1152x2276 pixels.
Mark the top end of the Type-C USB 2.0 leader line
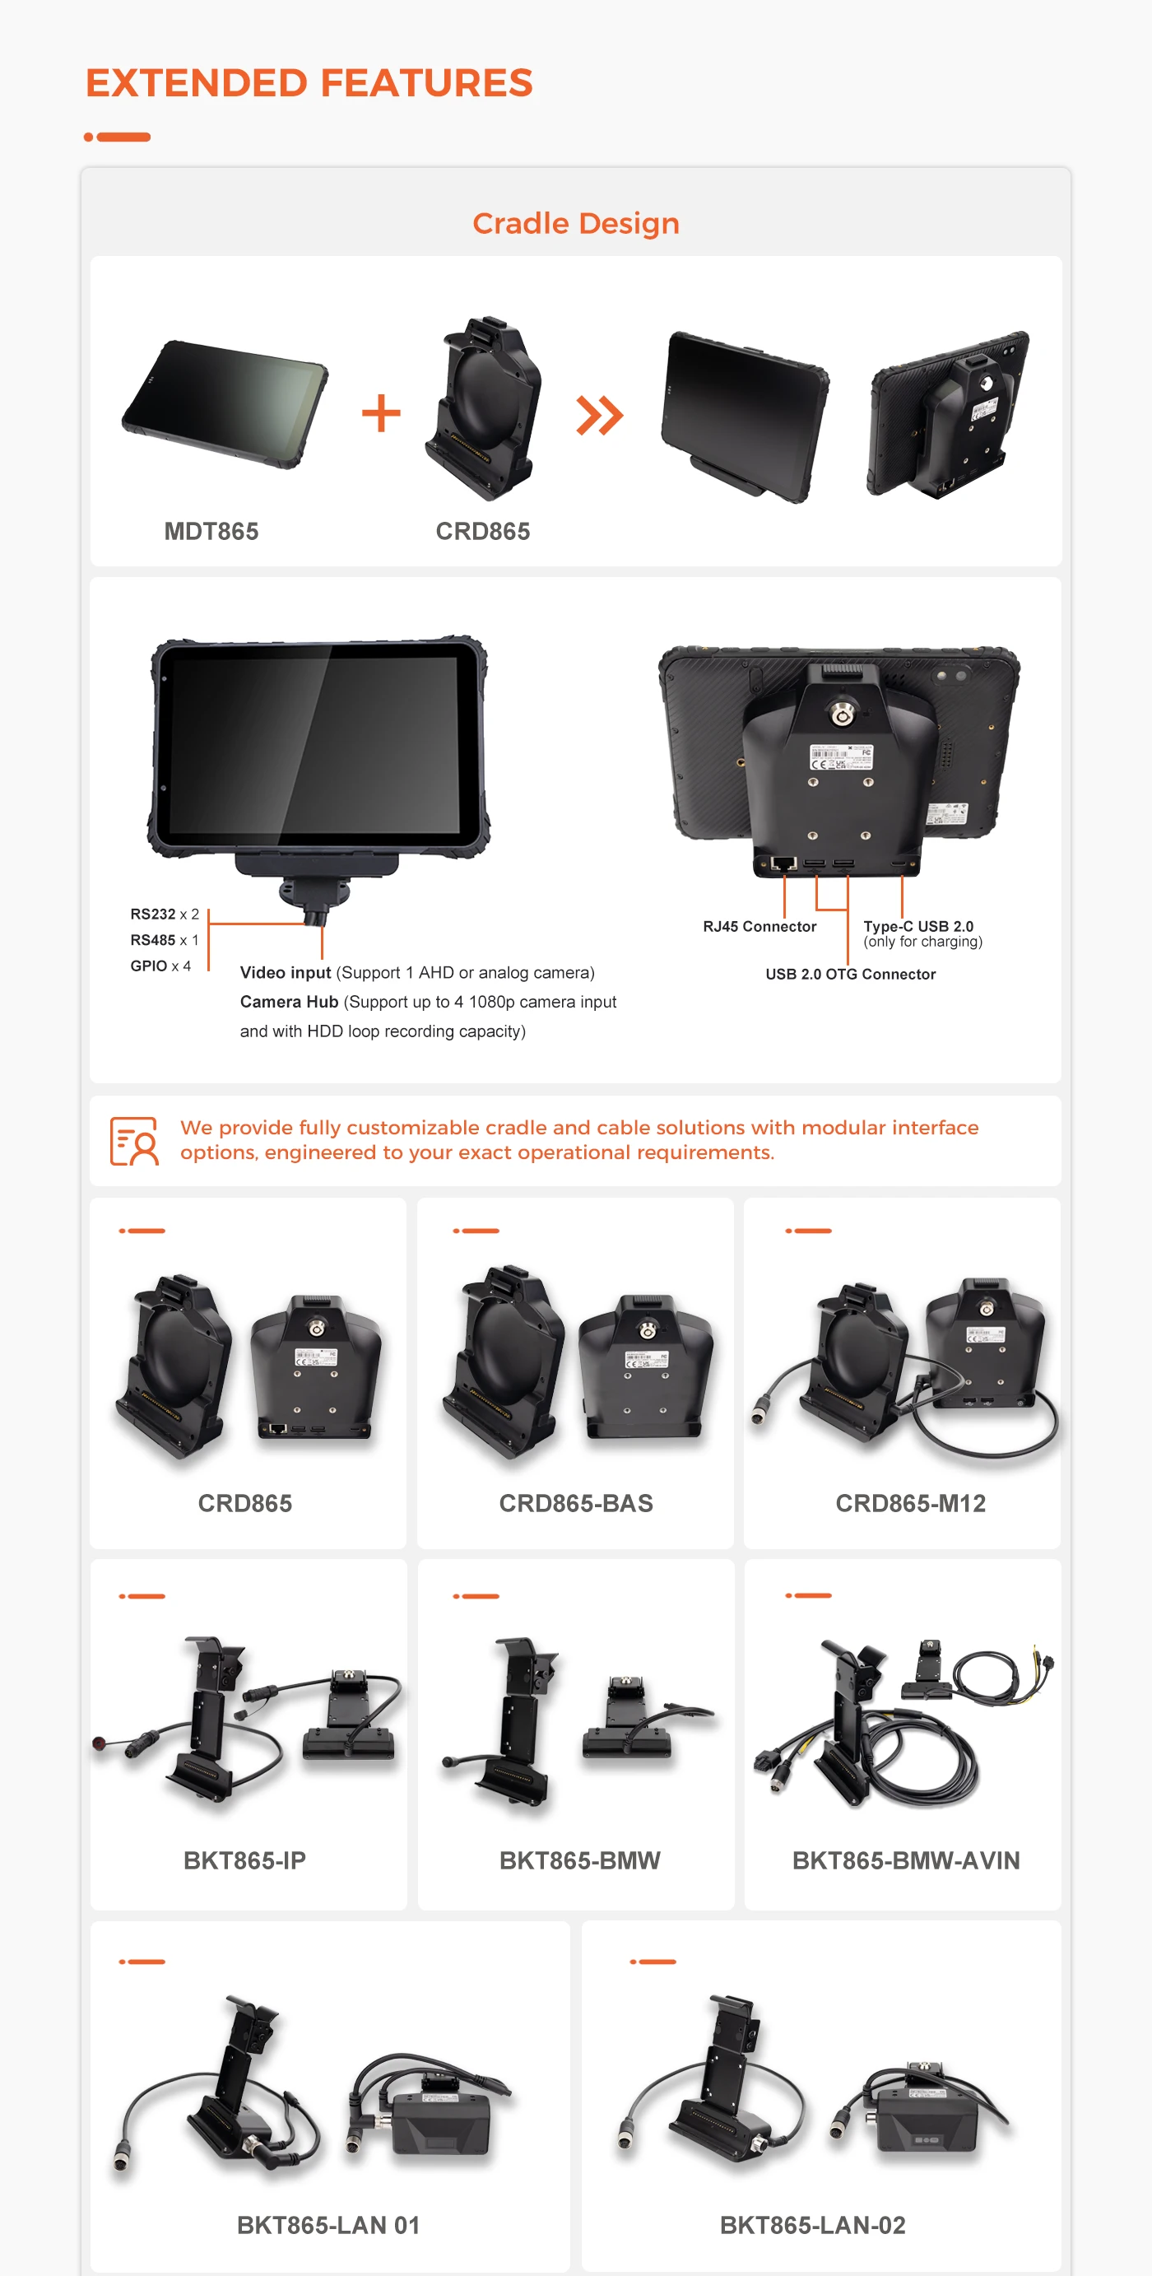coord(902,875)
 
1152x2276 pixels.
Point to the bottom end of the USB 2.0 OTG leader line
coord(848,963)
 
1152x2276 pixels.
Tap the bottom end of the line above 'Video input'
coord(322,959)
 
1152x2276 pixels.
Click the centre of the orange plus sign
coord(382,413)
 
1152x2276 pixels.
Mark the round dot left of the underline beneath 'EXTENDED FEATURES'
coord(88,137)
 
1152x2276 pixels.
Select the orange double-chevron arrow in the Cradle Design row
coord(600,415)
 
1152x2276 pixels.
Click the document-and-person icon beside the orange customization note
coord(134,1141)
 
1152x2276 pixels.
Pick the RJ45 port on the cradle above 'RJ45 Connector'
coord(783,863)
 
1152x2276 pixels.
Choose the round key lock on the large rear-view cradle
coord(841,713)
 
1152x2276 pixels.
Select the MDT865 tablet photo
coord(225,404)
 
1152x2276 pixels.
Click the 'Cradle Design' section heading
coord(576,224)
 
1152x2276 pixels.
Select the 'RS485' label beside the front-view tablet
coord(153,940)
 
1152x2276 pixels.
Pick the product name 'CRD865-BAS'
coord(576,1503)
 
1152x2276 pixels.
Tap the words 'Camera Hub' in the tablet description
coord(289,1002)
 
